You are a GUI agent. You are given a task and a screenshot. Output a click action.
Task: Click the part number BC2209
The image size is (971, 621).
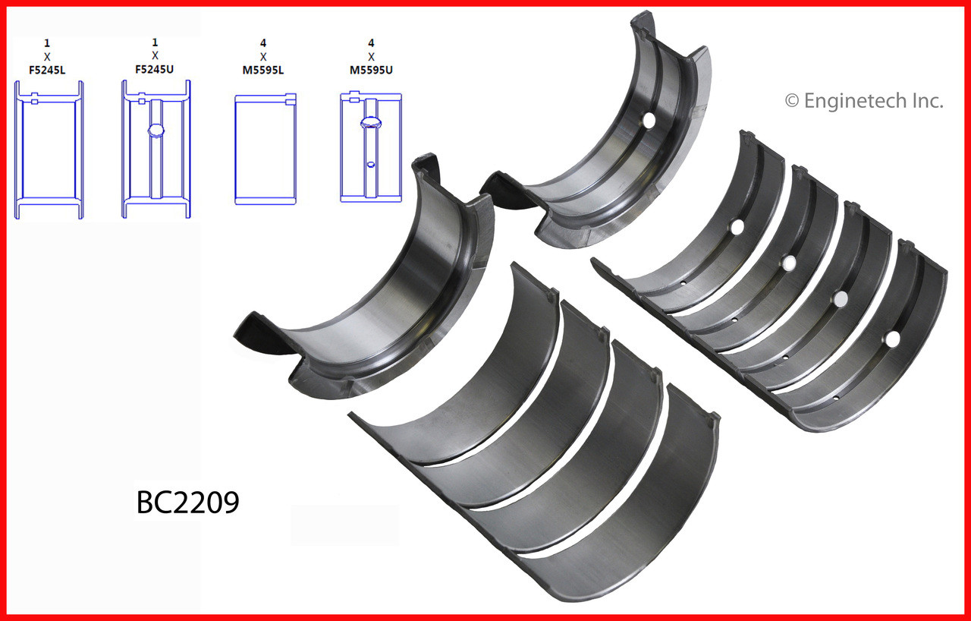[188, 502]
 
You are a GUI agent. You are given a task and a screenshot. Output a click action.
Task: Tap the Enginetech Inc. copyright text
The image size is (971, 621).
[864, 101]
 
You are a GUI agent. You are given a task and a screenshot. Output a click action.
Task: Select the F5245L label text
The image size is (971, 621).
[47, 69]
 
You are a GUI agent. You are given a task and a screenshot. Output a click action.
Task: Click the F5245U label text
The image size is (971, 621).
[155, 69]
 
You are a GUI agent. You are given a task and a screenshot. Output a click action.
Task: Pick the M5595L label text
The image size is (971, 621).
[263, 69]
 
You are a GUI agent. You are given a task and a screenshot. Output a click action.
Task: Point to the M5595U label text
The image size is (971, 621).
[371, 69]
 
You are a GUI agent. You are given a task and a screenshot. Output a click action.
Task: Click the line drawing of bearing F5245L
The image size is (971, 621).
[49, 150]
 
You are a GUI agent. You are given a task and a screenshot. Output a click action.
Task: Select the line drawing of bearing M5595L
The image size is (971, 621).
[266, 149]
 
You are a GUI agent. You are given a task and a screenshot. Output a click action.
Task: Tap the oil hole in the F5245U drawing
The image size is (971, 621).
[156, 131]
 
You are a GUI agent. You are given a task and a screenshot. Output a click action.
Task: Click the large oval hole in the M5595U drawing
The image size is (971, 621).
[370, 122]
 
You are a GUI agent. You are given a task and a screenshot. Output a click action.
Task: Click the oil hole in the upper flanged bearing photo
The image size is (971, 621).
[649, 120]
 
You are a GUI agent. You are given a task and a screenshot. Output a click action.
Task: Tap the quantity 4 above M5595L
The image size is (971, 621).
[263, 43]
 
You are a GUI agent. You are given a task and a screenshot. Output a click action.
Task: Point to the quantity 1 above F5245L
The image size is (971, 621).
[47, 43]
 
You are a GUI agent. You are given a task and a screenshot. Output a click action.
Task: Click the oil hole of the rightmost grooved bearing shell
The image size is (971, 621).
[893, 338]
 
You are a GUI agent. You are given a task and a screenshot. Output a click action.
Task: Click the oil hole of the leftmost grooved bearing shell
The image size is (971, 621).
[737, 225]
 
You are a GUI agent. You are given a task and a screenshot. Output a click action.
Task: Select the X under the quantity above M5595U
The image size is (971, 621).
[371, 56]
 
